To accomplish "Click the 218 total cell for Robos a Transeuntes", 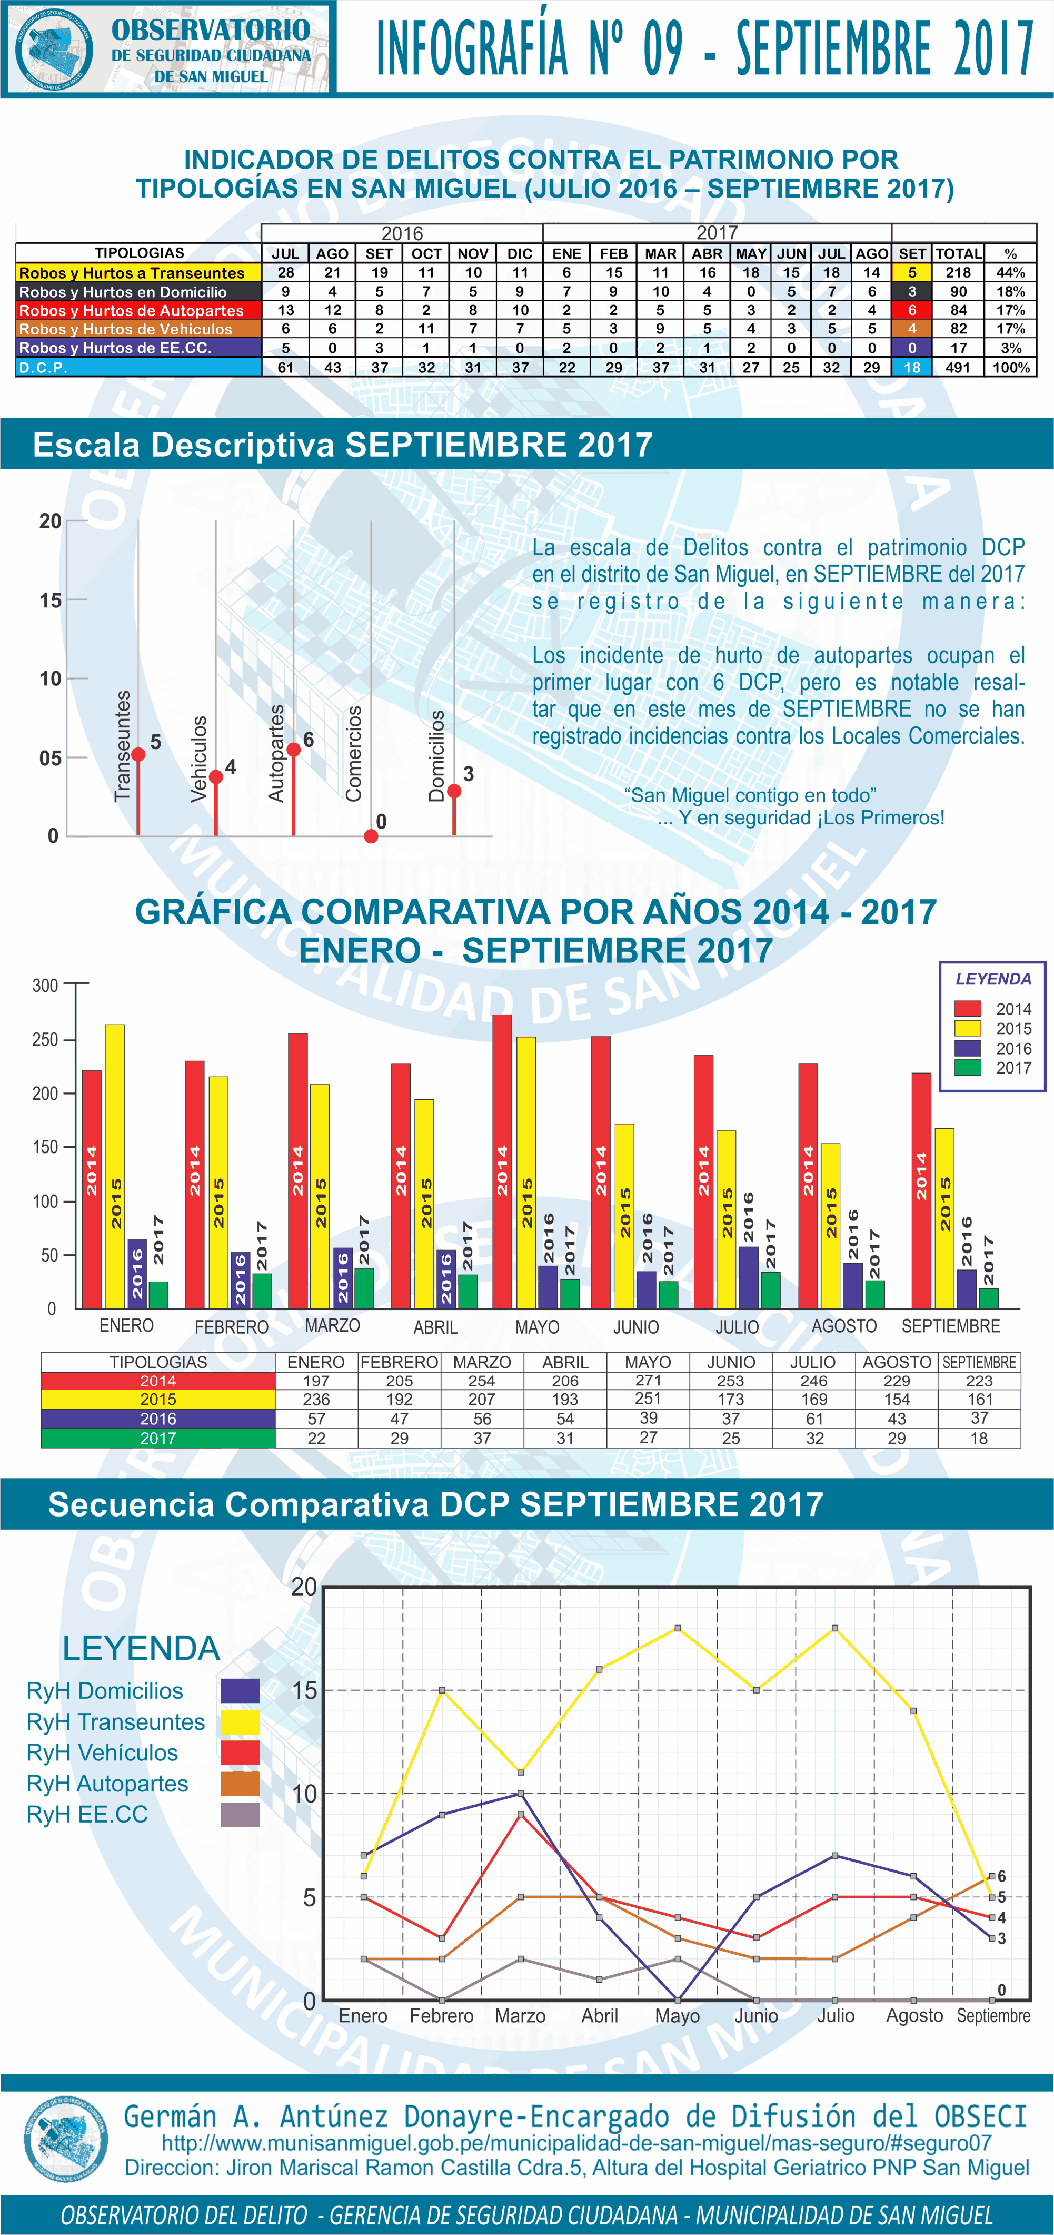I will tap(958, 272).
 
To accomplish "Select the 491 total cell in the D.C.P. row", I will tap(958, 367).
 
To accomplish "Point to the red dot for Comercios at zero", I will tap(371, 836).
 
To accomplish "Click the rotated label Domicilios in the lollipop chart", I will tap(437, 755).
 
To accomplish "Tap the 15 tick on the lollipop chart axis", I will tap(51, 600).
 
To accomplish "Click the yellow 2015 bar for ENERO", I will tap(115, 1167).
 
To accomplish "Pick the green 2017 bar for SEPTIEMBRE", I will tap(989, 1298).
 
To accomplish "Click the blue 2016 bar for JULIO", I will tap(748, 1277).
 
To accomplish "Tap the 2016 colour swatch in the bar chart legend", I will tap(967, 1048).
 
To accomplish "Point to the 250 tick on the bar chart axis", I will tap(45, 1039).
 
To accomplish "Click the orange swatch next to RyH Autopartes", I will tap(240, 1784).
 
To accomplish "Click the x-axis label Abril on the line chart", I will tap(600, 2015).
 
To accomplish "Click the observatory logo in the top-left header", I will tap(55, 48).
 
